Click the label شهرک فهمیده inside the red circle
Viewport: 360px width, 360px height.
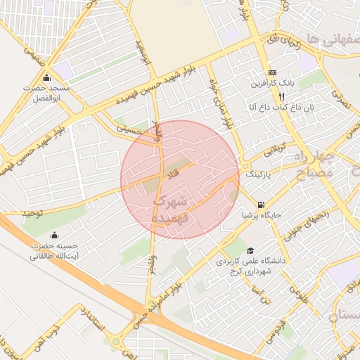pos(171,210)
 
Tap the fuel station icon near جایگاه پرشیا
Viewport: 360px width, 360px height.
pos(262,205)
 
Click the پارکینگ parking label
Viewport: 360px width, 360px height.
pos(258,172)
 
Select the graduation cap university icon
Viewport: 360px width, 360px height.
pos(250,251)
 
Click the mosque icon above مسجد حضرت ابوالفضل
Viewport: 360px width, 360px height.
pos(47,77)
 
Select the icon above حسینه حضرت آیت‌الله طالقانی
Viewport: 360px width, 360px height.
pos(55,235)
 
